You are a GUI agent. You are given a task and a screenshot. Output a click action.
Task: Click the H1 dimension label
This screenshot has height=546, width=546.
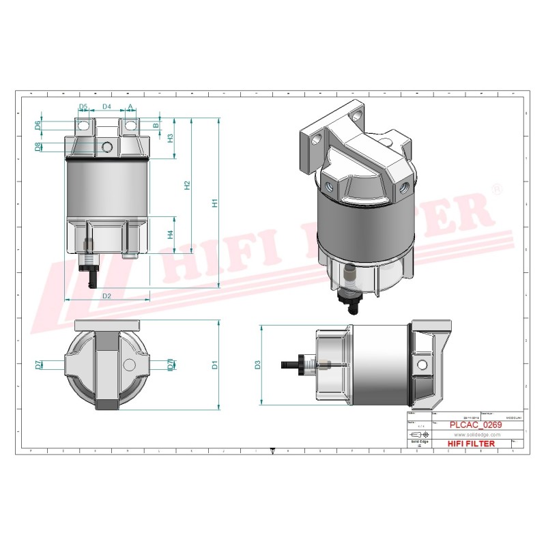tap(214, 203)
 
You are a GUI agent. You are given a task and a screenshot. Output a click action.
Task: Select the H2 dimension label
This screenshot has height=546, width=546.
tap(187, 186)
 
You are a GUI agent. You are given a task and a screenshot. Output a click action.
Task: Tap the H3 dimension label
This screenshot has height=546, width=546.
tap(171, 137)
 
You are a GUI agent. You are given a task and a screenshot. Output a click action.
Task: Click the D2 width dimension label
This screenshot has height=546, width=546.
tap(107, 296)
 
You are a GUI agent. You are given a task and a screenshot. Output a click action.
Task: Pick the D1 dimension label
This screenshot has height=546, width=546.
tap(214, 364)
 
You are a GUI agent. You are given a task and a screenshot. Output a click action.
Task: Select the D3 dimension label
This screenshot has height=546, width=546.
tap(257, 364)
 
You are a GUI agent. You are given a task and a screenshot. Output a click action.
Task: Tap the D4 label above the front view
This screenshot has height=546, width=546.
tap(106, 107)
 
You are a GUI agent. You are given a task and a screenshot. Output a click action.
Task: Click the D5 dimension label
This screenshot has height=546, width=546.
tap(83, 107)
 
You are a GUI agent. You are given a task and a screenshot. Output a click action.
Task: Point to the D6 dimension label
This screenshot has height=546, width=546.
tap(38, 125)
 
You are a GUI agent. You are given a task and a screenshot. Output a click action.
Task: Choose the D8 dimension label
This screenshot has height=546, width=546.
tap(38, 147)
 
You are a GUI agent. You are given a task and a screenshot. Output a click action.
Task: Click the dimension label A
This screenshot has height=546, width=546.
tap(130, 107)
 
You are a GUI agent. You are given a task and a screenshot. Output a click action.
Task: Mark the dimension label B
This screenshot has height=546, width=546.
tap(156, 126)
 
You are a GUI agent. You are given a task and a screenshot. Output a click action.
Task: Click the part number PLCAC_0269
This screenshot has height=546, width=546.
tap(476, 425)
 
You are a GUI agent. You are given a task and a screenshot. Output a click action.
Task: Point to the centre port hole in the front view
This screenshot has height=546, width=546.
tap(106, 147)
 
